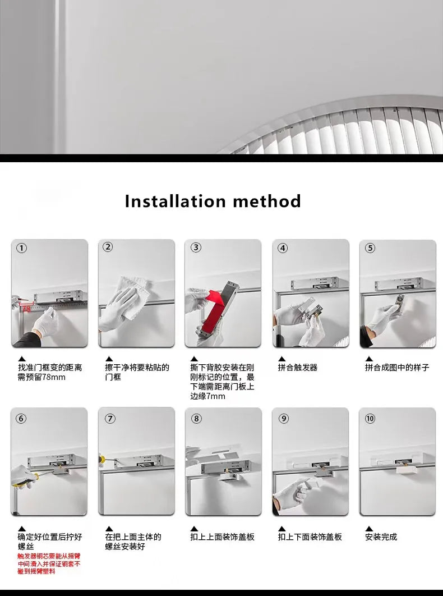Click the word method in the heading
point(267,201)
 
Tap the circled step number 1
point(21,248)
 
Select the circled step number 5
point(370,248)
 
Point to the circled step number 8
point(196,418)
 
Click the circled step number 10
point(370,419)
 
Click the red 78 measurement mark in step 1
point(26,308)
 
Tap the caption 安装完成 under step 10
point(381,537)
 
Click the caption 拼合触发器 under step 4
point(298,368)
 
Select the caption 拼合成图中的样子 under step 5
point(397,368)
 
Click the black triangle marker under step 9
point(282,528)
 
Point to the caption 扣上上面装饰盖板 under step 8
point(223,537)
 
